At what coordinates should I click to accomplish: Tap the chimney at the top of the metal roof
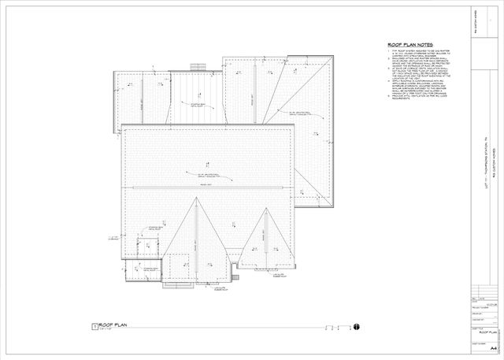(x=198, y=67)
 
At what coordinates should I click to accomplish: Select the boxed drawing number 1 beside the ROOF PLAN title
(x=94, y=325)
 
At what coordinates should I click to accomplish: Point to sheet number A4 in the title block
(x=493, y=346)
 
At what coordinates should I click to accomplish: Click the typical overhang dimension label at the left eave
(x=113, y=237)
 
